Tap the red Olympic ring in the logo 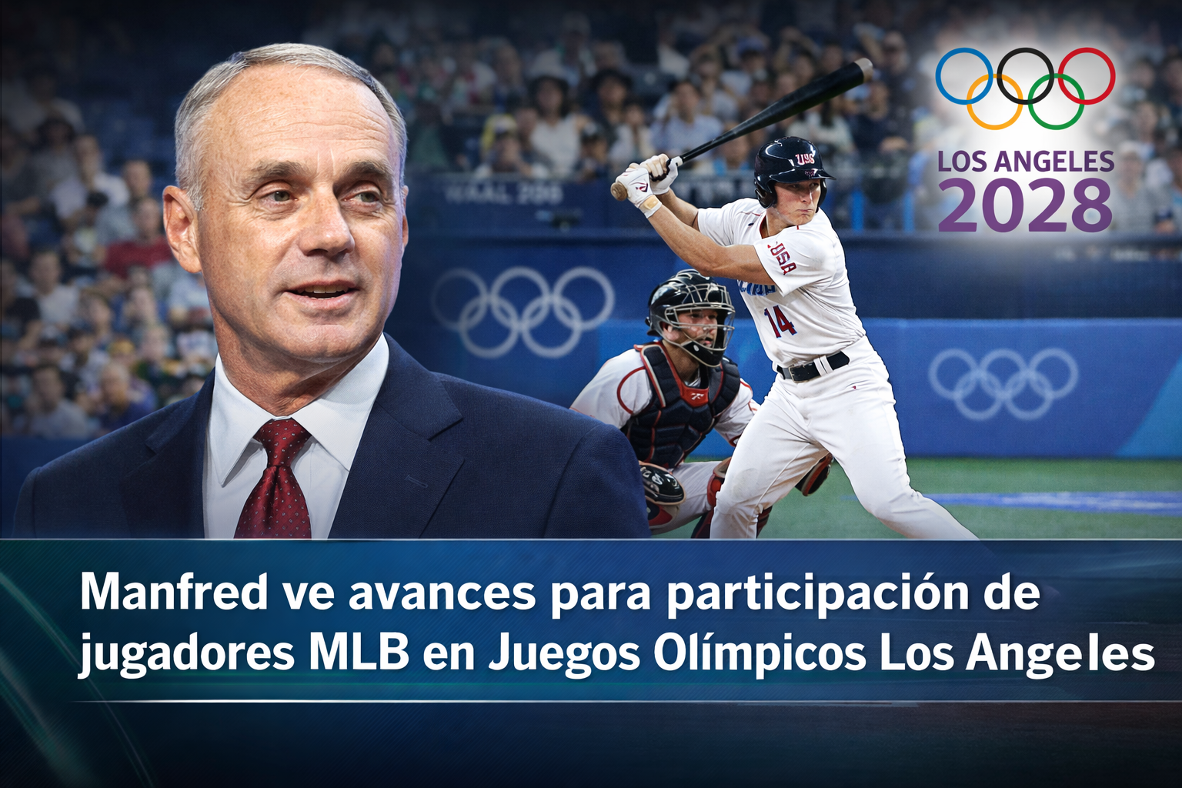click(1114, 75)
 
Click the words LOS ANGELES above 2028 click(1026, 161)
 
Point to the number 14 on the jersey click(780, 322)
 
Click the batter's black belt click(813, 367)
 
